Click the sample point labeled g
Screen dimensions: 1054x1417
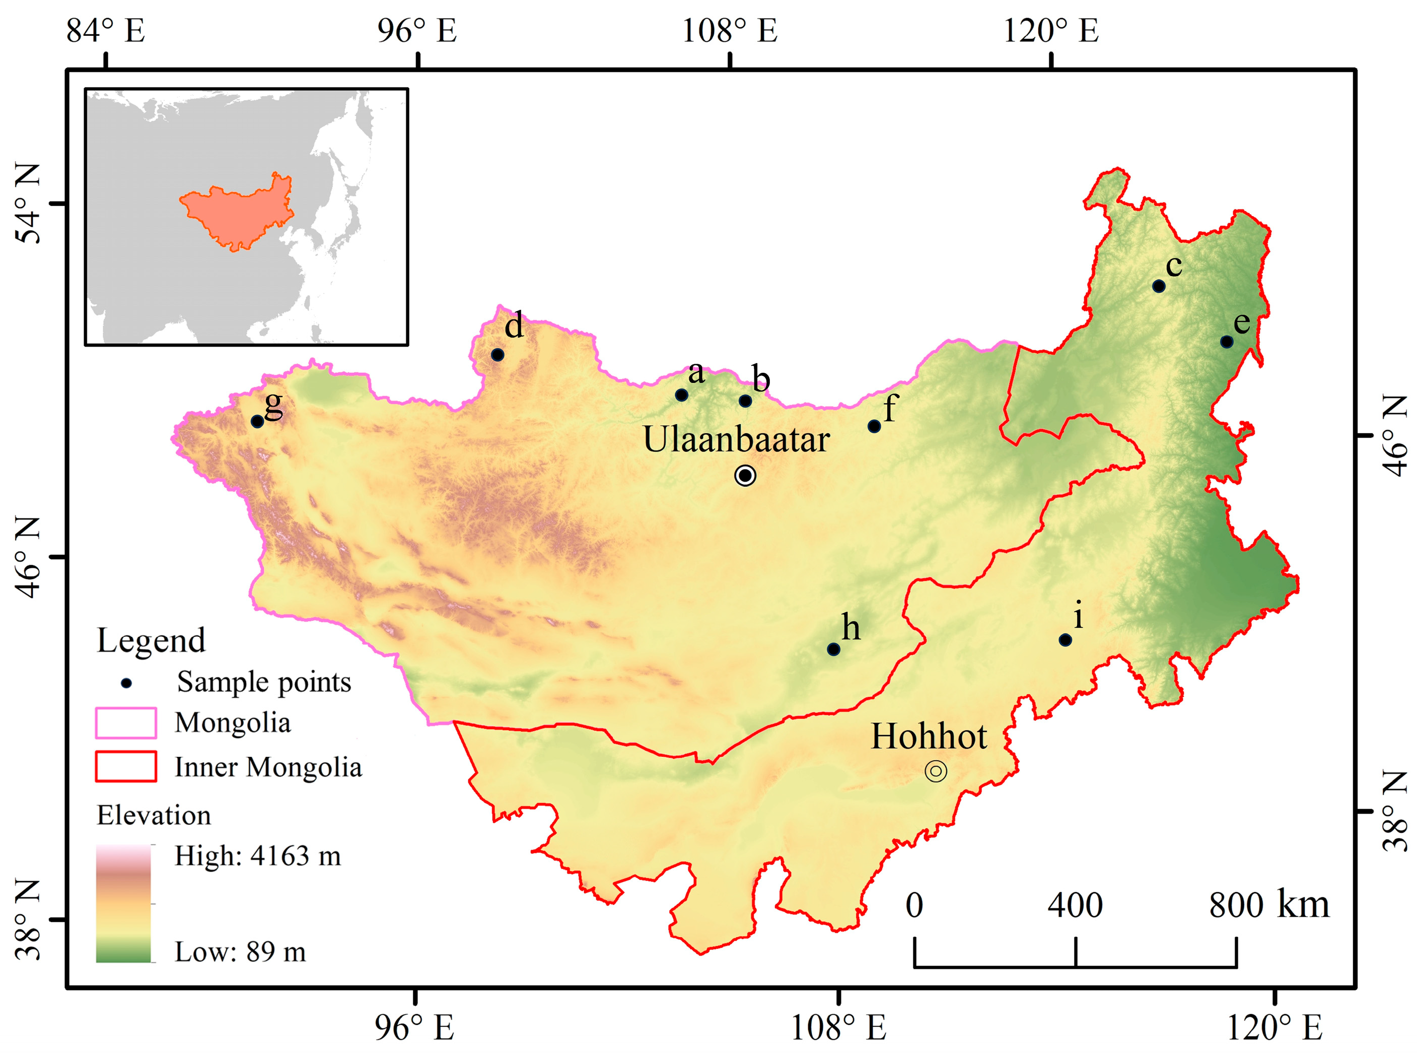[x=257, y=421]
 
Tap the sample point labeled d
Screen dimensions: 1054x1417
[x=498, y=355]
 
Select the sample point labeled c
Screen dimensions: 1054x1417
[x=1159, y=286]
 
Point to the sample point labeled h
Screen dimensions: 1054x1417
[x=833, y=649]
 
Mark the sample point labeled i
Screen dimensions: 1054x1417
[x=1065, y=640]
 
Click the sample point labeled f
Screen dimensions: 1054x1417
[x=874, y=426]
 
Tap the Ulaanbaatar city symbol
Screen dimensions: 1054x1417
[x=745, y=475]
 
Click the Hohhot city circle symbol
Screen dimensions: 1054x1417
[x=936, y=771]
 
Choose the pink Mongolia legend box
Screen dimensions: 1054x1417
[x=125, y=723]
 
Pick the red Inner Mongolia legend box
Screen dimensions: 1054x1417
[x=125, y=766]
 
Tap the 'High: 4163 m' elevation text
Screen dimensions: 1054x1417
[x=258, y=856]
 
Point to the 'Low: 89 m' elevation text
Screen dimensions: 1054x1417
[x=240, y=952]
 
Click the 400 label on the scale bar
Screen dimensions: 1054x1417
[x=1075, y=906]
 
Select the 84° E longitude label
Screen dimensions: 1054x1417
[x=106, y=31]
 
